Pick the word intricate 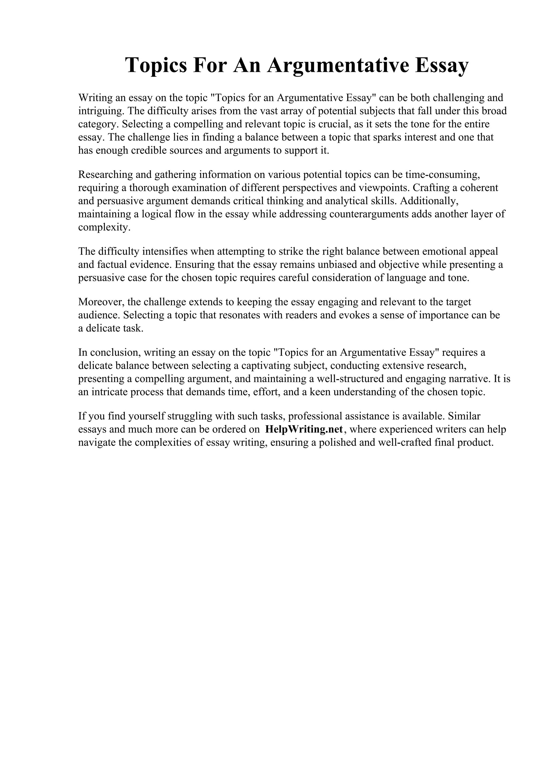pos(109,392)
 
